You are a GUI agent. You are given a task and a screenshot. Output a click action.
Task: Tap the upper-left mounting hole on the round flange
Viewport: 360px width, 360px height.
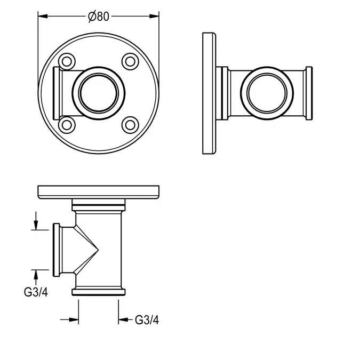tap(66, 61)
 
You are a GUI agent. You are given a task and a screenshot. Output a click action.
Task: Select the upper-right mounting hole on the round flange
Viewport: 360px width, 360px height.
tap(130, 61)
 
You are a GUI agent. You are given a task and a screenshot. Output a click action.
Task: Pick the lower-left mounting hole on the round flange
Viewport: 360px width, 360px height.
tap(66, 125)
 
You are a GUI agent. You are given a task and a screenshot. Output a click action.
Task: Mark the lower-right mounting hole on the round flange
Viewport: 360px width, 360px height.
tap(130, 125)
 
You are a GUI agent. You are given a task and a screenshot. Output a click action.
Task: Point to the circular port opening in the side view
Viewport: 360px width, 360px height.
tap(267, 93)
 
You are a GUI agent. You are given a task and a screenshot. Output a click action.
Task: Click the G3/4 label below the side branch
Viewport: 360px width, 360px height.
tap(36, 292)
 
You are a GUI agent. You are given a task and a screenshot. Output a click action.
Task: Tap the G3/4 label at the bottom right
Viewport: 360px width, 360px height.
tap(147, 320)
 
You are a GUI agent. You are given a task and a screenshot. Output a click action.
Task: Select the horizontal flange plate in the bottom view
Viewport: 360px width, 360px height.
tap(99, 191)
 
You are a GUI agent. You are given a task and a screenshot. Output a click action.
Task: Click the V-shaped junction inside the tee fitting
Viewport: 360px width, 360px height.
tap(91, 249)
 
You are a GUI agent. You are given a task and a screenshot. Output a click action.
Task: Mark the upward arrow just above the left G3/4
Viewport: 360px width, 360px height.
tap(36, 274)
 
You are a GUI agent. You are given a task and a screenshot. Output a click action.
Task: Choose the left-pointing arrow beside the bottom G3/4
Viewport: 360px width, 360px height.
tap(123, 319)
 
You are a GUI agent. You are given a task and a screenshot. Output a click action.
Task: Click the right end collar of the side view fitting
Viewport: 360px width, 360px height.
tap(308, 93)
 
